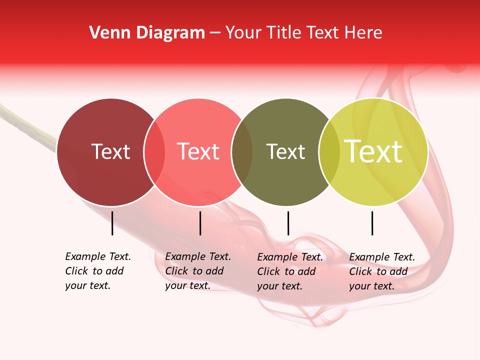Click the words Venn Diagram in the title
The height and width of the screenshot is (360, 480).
pos(147,33)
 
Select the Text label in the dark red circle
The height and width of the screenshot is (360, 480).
pos(110,151)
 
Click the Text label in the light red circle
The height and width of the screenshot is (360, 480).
pos(198,151)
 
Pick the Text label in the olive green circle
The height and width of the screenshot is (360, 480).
pos(285,151)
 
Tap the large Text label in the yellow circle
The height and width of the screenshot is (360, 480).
pos(373,151)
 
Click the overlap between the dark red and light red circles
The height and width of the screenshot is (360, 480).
pos(154,152)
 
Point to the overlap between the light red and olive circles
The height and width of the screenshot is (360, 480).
pos(242,152)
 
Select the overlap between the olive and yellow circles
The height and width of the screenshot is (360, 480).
pos(329,152)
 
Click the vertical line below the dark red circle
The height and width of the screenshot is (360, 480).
pos(112,223)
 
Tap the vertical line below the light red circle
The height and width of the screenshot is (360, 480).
pos(200,223)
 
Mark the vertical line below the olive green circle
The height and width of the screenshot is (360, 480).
pos(288,223)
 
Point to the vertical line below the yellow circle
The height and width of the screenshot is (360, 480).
pos(372,223)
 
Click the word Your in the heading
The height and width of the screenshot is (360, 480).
pos(243,33)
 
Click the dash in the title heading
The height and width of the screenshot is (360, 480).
pos(215,33)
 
